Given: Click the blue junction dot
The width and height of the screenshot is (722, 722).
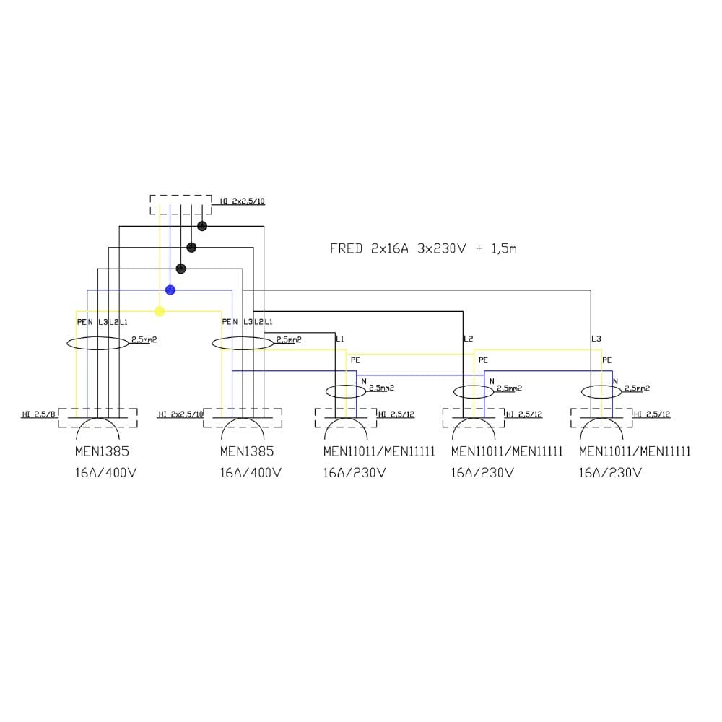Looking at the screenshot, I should click(x=170, y=290).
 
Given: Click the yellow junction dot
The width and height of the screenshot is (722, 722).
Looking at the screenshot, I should click(x=160, y=311).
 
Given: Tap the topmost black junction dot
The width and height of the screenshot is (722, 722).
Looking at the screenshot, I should click(x=202, y=226).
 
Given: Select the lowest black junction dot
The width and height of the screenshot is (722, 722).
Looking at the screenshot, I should click(x=181, y=269).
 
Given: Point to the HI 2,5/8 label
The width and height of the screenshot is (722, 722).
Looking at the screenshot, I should click(x=38, y=414).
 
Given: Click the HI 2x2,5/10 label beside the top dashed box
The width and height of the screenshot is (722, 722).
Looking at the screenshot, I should click(x=243, y=201).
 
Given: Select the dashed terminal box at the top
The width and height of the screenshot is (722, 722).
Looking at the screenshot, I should click(x=180, y=204).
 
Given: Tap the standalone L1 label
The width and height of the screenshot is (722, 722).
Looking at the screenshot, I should click(x=340, y=339).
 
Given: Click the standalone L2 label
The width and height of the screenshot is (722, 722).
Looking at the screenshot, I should click(x=468, y=339).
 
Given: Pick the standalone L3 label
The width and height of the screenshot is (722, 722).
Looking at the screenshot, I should click(x=596, y=339).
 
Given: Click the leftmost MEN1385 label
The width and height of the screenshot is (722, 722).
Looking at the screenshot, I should click(x=103, y=452).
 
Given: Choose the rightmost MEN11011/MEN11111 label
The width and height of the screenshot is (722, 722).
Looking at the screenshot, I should click(x=635, y=452).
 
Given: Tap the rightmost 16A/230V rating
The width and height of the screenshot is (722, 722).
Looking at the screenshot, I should click(x=610, y=474).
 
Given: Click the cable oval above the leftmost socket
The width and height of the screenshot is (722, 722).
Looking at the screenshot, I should click(x=98, y=343).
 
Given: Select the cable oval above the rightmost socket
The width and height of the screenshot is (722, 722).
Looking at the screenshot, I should click(x=601, y=391).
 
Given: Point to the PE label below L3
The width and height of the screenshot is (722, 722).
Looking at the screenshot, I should click(x=607, y=360).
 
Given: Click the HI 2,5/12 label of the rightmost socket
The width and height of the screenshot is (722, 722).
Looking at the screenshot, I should click(x=653, y=414).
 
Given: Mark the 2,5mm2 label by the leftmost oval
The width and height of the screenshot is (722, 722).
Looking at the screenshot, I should click(x=144, y=339).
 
